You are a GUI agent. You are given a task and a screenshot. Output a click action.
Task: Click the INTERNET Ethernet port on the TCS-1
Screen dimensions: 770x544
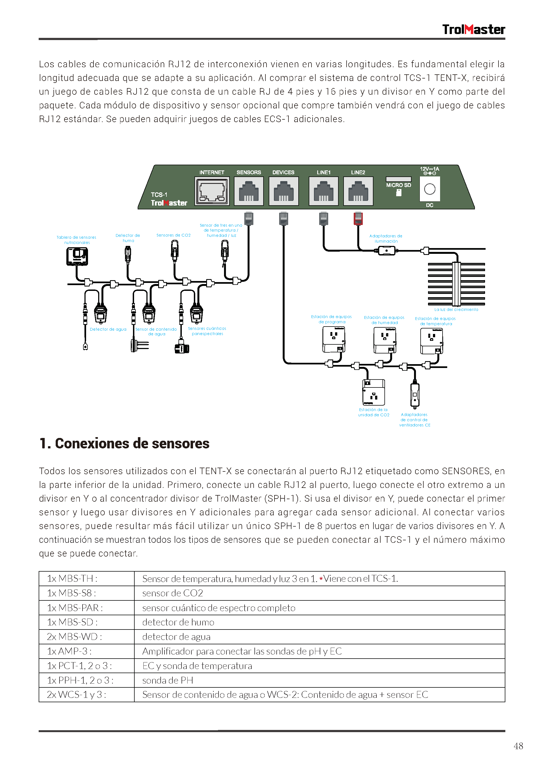click(x=212, y=191)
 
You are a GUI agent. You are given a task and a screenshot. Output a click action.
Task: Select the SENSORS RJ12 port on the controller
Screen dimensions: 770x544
click(x=248, y=191)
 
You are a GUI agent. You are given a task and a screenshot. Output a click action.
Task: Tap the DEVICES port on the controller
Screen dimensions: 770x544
click(x=283, y=191)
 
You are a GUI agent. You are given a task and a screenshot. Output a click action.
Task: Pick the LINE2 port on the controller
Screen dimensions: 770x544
click(x=358, y=191)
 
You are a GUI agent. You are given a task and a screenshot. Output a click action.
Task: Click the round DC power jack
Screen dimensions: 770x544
click(x=429, y=189)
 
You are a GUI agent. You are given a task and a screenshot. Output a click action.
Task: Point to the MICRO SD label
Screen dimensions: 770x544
click(x=398, y=185)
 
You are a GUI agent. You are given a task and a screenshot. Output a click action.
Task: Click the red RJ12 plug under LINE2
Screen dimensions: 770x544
click(x=358, y=218)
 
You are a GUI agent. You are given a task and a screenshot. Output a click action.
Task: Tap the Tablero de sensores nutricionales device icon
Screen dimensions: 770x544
click(x=77, y=256)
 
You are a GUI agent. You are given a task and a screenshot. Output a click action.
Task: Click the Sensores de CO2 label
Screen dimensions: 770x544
click(x=173, y=235)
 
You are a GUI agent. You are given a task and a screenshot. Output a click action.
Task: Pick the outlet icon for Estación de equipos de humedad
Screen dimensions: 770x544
click(x=384, y=340)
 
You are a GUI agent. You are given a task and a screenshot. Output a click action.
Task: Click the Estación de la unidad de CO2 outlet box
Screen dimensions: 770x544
click(x=373, y=392)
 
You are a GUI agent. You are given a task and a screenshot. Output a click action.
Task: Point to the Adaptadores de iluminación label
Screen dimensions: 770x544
click(x=386, y=238)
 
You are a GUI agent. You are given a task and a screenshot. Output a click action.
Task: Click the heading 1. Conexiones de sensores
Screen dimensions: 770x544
click(x=124, y=443)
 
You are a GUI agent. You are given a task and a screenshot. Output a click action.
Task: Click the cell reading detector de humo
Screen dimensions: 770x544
click(x=178, y=622)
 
